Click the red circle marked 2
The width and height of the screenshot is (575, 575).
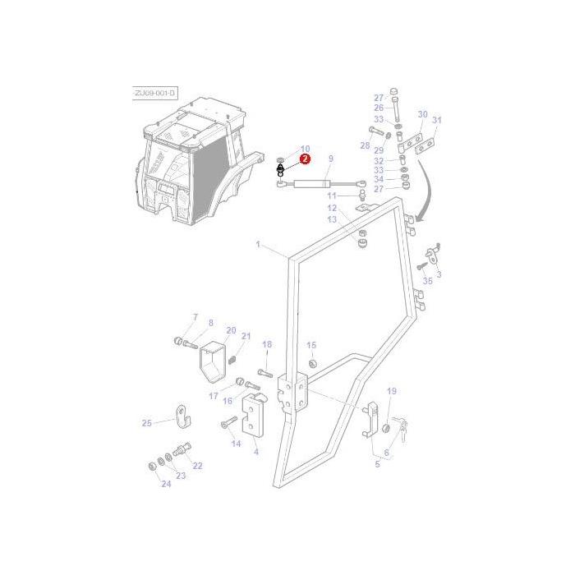(305, 159)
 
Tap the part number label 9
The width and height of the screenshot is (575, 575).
(330, 159)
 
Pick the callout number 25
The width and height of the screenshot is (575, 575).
(146, 423)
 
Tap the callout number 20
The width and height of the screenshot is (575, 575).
(230, 329)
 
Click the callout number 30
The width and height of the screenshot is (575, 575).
(422, 115)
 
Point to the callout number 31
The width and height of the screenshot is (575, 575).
(437, 121)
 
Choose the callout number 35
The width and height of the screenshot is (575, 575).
(427, 281)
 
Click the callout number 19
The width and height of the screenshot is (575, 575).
(392, 391)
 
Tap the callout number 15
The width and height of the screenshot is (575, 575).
(311, 345)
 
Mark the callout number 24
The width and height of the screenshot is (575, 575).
(166, 485)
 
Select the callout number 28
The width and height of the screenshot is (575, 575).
(365, 145)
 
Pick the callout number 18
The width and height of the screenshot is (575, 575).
(266, 344)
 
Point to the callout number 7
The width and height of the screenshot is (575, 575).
(195, 317)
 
